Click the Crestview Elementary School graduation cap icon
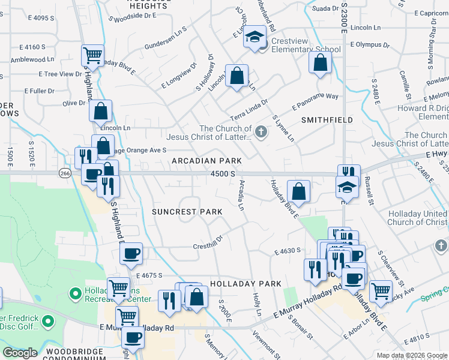tap(255, 37)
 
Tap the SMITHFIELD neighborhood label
tap(327, 120)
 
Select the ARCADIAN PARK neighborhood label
tap(206, 161)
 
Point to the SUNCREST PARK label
tap(187, 212)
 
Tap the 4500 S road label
tap(223, 173)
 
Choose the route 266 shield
tap(65, 173)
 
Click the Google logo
tap(20, 353)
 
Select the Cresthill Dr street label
tap(208, 245)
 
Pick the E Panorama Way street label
tap(315, 100)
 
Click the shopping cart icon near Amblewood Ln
tap(93, 56)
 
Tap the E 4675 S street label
tap(149, 275)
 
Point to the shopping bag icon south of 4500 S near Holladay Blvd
tap(298, 192)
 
